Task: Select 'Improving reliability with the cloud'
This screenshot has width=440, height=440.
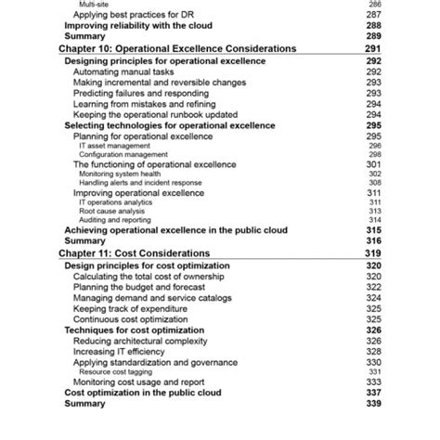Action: (136, 26)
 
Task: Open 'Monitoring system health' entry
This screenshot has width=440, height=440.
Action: (120, 174)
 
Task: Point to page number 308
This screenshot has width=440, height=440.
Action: (375, 183)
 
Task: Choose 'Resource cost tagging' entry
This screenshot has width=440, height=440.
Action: (117, 371)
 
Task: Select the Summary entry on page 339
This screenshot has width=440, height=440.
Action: (84, 404)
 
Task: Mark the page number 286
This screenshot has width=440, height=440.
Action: (375, 5)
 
